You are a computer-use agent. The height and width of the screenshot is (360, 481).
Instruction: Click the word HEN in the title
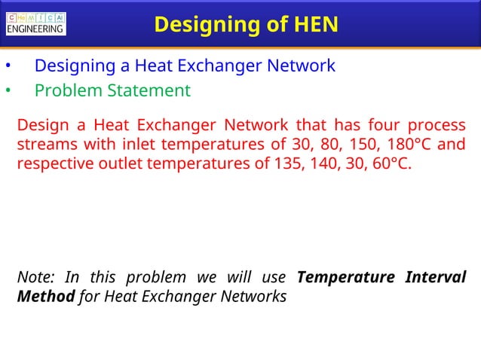[x=311, y=25]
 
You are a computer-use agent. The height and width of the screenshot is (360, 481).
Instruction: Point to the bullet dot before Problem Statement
[x=7, y=92]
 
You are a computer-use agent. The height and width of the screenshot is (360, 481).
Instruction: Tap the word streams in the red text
[x=45, y=145]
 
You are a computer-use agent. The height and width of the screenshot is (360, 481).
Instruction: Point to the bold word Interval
[x=435, y=277]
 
